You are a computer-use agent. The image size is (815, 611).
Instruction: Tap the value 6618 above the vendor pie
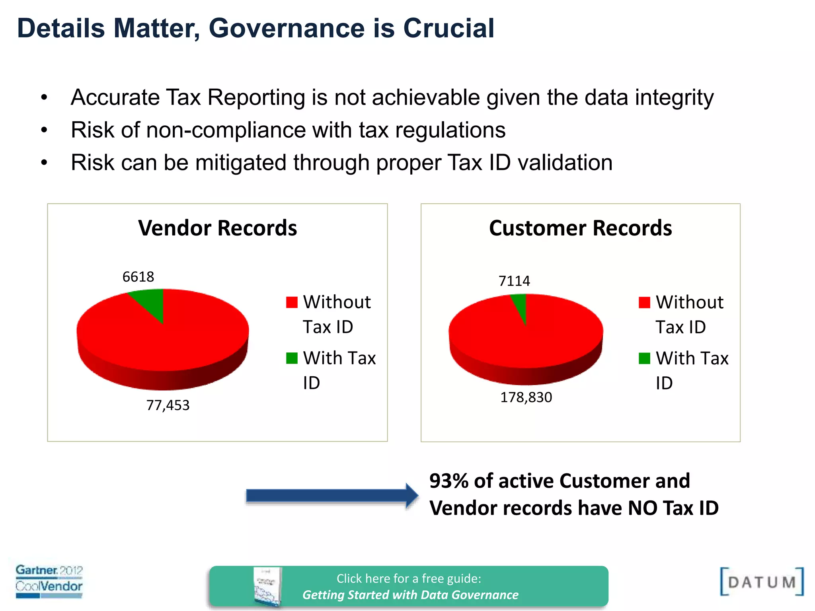coord(138,277)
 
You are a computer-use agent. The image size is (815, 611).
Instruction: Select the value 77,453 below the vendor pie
coord(168,405)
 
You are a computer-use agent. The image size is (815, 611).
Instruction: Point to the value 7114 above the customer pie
coord(514,281)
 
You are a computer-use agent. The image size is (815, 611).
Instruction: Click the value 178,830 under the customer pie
coord(526,397)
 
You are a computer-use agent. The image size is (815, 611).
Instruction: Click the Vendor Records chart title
coord(217,228)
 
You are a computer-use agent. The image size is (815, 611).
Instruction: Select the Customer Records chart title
coord(580,228)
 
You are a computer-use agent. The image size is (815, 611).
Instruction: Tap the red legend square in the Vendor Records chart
coord(292,302)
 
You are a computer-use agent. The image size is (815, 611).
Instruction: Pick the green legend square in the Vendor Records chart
coord(292,358)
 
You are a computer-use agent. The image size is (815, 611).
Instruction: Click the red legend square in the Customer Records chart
coord(644,302)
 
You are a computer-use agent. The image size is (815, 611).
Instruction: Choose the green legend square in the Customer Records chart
coord(644,358)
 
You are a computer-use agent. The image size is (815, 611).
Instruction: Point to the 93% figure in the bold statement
coord(449,481)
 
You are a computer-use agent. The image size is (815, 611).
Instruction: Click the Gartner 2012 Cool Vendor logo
coord(49,581)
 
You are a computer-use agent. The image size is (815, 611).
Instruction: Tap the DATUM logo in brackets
coord(762,582)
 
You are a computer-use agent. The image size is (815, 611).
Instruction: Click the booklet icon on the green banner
coord(267,587)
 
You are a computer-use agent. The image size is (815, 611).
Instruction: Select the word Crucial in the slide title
coord(448,29)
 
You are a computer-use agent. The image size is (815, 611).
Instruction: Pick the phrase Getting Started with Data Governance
coord(410,595)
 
